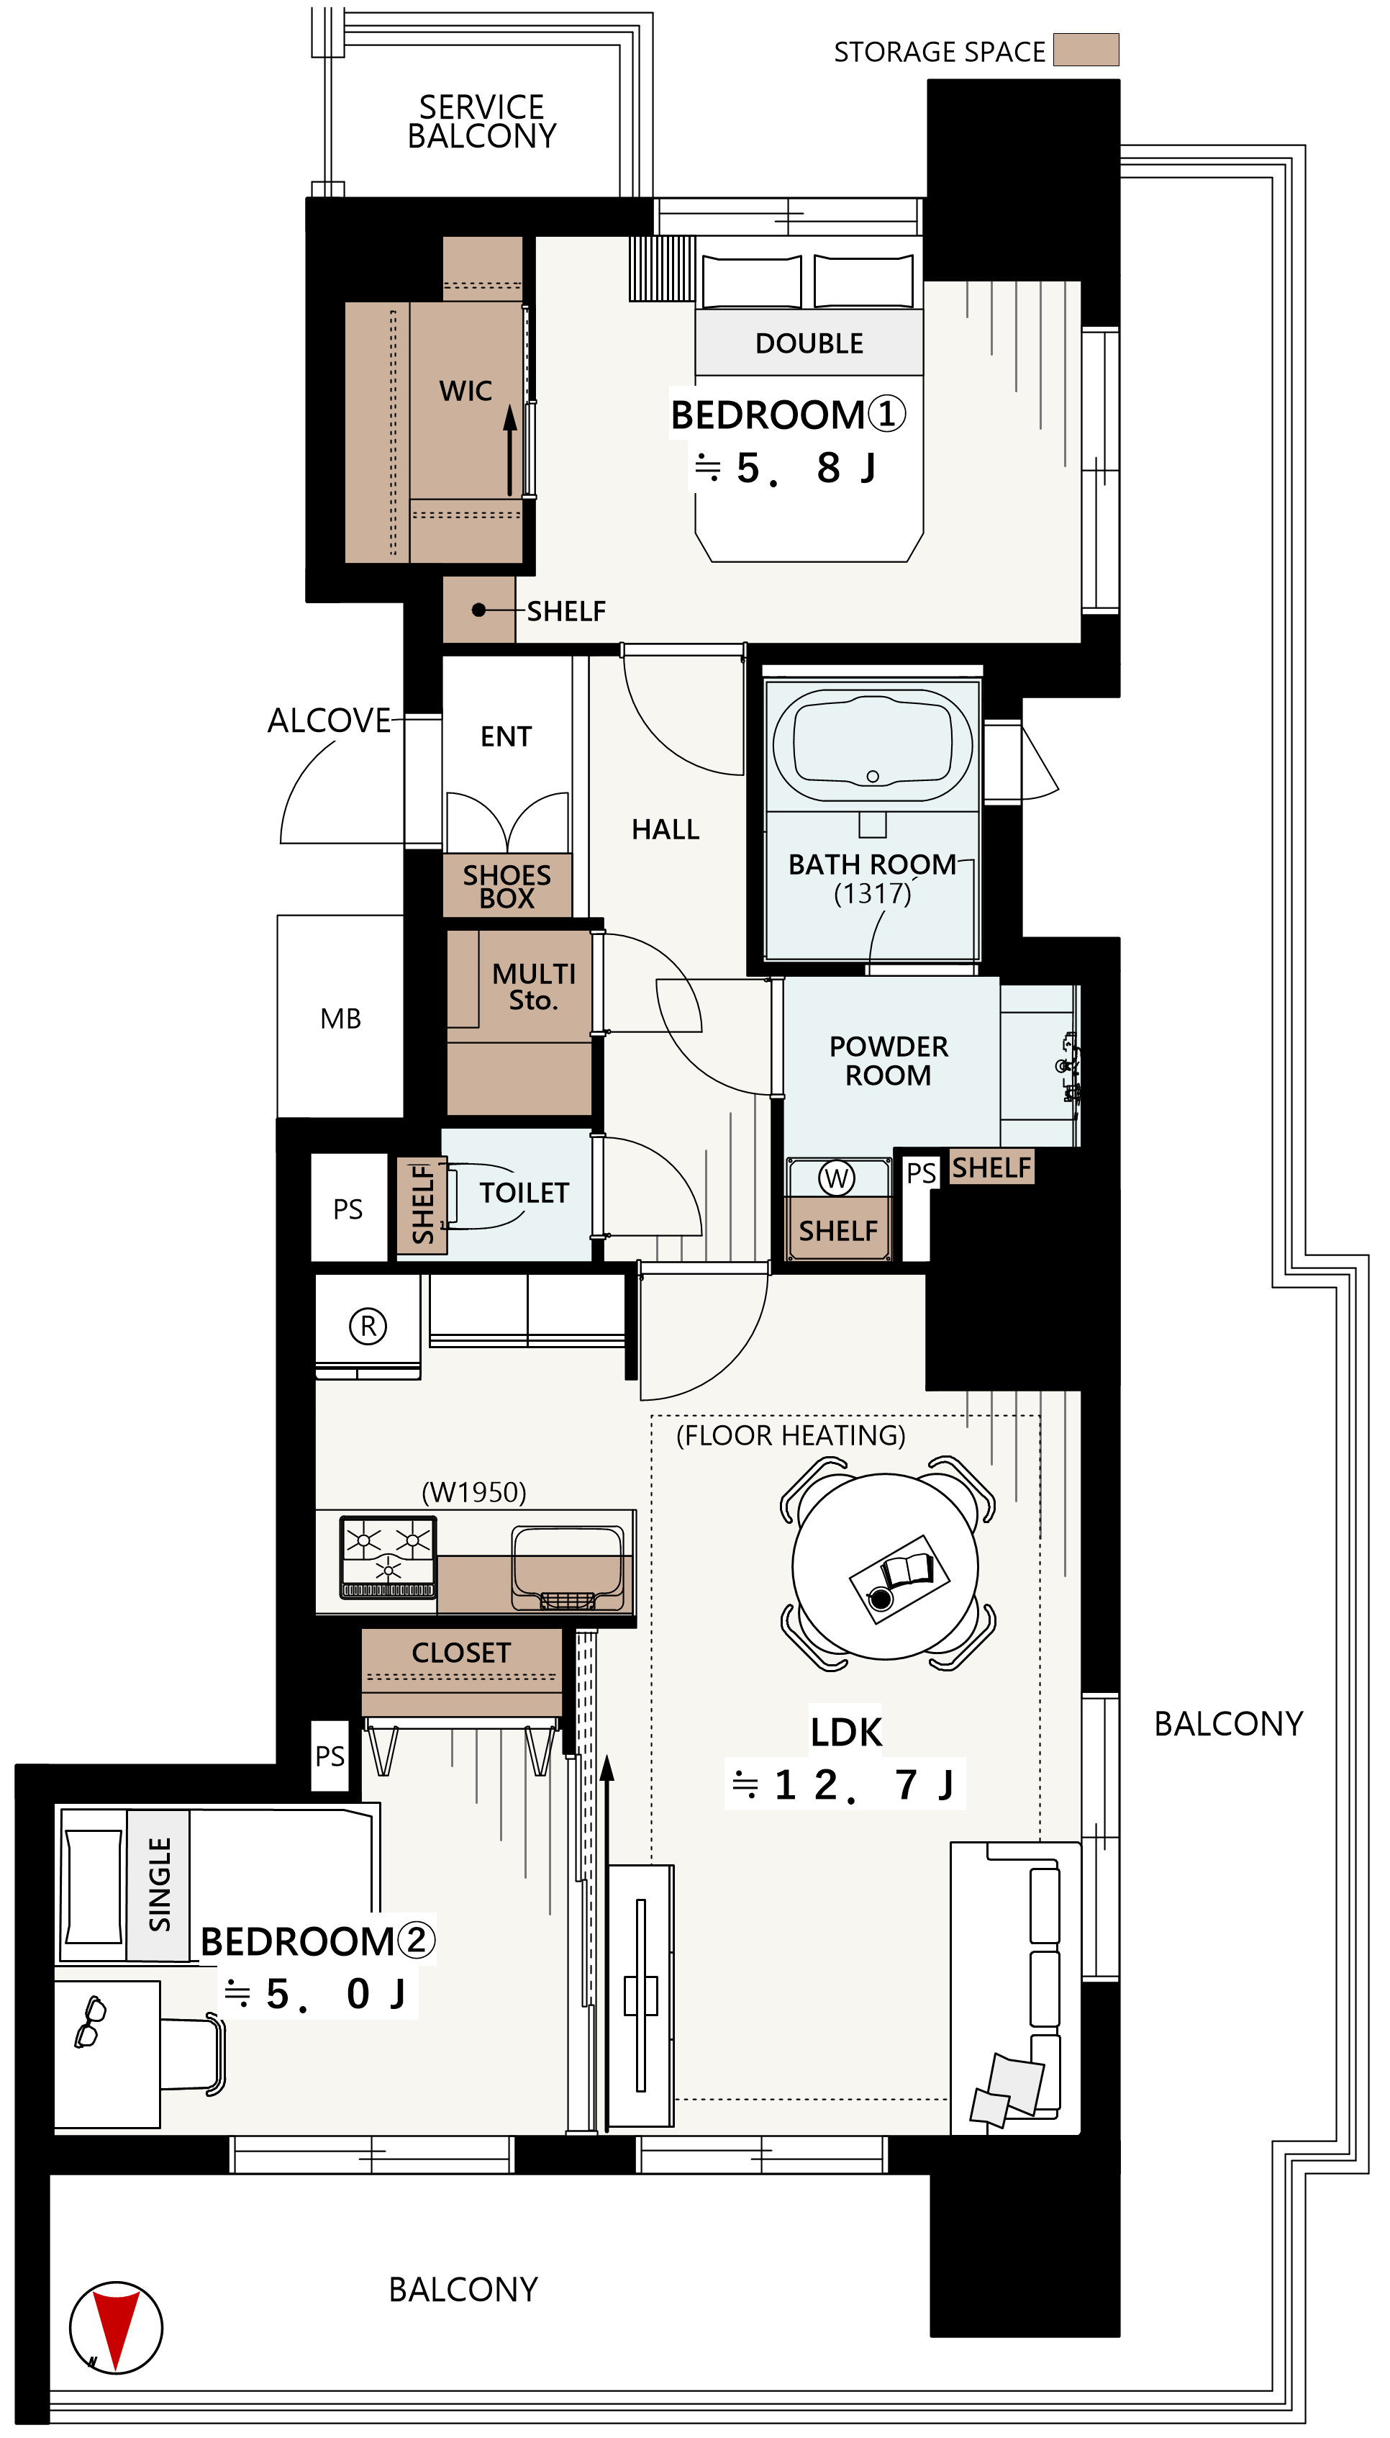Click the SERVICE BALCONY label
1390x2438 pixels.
[x=481, y=121]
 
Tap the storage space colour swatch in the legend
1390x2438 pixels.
[x=1086, y=50]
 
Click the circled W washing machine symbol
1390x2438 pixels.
[x=836, y=1178]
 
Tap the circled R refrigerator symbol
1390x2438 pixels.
[x=368, y=1325]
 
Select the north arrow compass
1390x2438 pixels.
[x=116, y=2327]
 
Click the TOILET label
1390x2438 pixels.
[x=523, y=1193]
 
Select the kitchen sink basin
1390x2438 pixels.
[x=567, y=1564]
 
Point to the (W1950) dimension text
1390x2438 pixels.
[x=473, y=1491]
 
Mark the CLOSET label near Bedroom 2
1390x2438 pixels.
[x=460, y=1652]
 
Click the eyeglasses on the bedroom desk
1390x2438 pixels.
[x=91, y=2022]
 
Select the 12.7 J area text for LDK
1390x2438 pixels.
[x=845, y=1784]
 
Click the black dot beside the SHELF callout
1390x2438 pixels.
[x=479, y=609]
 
